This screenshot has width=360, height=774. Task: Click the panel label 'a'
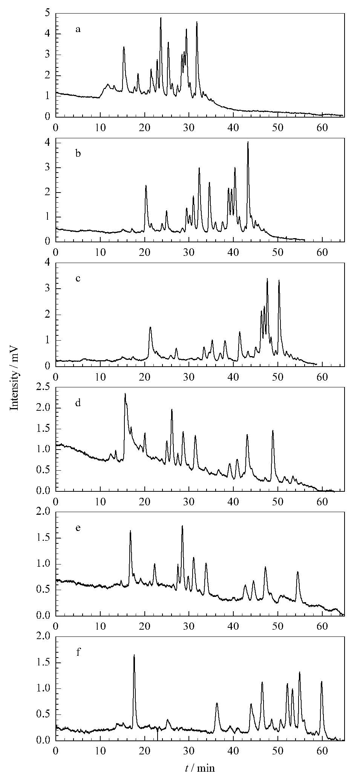[x=78, y=29]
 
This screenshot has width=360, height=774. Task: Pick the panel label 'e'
[x=78, y=528]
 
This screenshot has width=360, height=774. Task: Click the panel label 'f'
[x=78, y=652]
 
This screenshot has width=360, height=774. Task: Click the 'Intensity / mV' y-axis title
[x=14, y=378]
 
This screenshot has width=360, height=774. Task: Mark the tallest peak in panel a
[x=161, y=18]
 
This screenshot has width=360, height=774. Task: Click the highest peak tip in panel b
[x=248, y=142]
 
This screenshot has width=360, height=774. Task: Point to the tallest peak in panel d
[x=125, y=394]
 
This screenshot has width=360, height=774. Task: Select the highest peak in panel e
[x=182, y=526]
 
